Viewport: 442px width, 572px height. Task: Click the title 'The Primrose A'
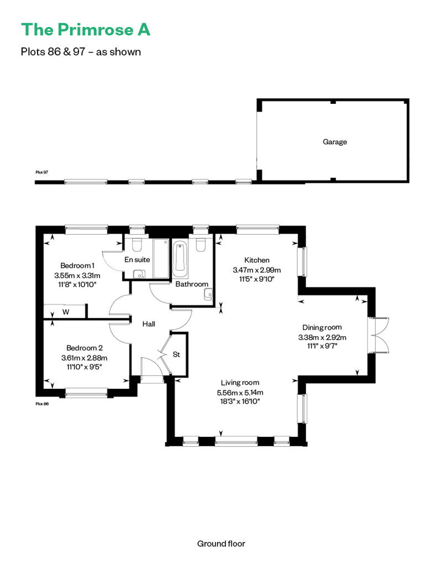pos(85,30)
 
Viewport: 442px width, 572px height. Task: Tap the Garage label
pos(335,142)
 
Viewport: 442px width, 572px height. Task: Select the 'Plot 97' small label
pos(42,172)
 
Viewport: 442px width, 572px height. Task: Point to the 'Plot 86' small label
pos(42,404)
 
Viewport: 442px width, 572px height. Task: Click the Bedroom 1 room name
pos(77,266)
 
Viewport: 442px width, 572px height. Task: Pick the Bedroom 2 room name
pos(85,348)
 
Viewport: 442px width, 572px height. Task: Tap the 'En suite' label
pos(137,259)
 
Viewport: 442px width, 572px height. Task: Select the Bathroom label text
pos(192,284)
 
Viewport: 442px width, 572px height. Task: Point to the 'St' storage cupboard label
pos(177,354)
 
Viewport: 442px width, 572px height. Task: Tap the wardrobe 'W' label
pos(66,312)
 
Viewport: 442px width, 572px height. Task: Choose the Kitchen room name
pos(257,260)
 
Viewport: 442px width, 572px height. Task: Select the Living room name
pos(240,383)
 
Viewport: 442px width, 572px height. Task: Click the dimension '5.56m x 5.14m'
pos(240,392)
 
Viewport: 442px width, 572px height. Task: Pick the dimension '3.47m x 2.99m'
pos(257,270)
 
